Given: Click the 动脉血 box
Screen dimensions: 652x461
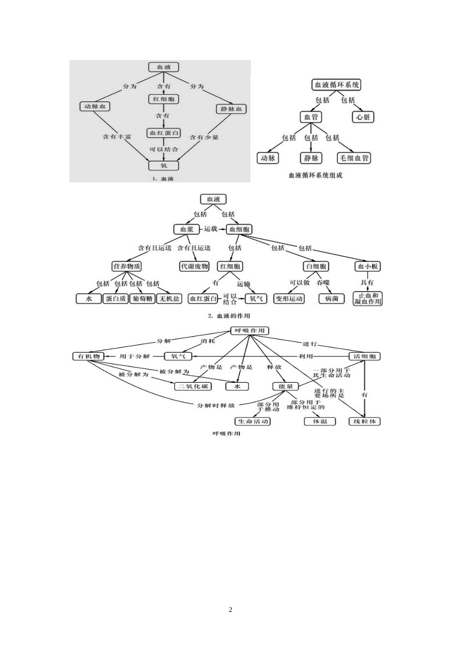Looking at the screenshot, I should pyautogui.click(x=95, y=106).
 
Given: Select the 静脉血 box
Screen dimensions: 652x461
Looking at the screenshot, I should pyautogui.click(x=231, y=109).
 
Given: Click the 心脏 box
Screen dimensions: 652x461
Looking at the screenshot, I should pyautogui.click(x=363, y=117).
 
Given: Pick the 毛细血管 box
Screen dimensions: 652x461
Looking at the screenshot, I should pyautogui.click(x=354, y=158).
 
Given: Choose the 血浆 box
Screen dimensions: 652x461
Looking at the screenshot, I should pyautogui.click(x=187, y=229).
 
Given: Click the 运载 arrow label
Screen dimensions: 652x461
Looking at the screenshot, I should pyautogui.click(x=211, y=228).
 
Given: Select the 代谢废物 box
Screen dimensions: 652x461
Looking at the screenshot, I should pyautogui.click(x=194, y=266).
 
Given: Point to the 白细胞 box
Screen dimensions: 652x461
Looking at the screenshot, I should pyautogui.click(x=316, y=266).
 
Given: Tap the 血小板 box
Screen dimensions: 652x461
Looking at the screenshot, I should pyautogui.click(x=368, y=266).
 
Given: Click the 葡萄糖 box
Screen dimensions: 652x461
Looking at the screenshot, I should pyautogui.click(x=143, y=299).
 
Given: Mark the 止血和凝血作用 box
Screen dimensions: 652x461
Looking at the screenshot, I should pyautogui.click(x=368, y=298).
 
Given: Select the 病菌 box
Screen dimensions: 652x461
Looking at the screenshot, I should pyautogui.click(x=332, y=299).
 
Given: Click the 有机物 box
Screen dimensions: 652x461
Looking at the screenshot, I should pyautogui.click(x=88, y=356).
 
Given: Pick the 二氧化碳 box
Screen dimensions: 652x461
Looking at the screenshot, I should pyautogui.click(x=193, y=386).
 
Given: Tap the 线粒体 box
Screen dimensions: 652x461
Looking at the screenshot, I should pyautogui.click(x=365, y=421).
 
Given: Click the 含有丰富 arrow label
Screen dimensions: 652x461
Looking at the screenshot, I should pyautogui.click(x=116, y=137).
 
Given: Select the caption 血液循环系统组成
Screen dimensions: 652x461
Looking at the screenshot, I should pyautogui.click(x=315, y=175).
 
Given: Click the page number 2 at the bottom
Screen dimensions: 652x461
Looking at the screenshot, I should pyautogui.click(x=230, y=610).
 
